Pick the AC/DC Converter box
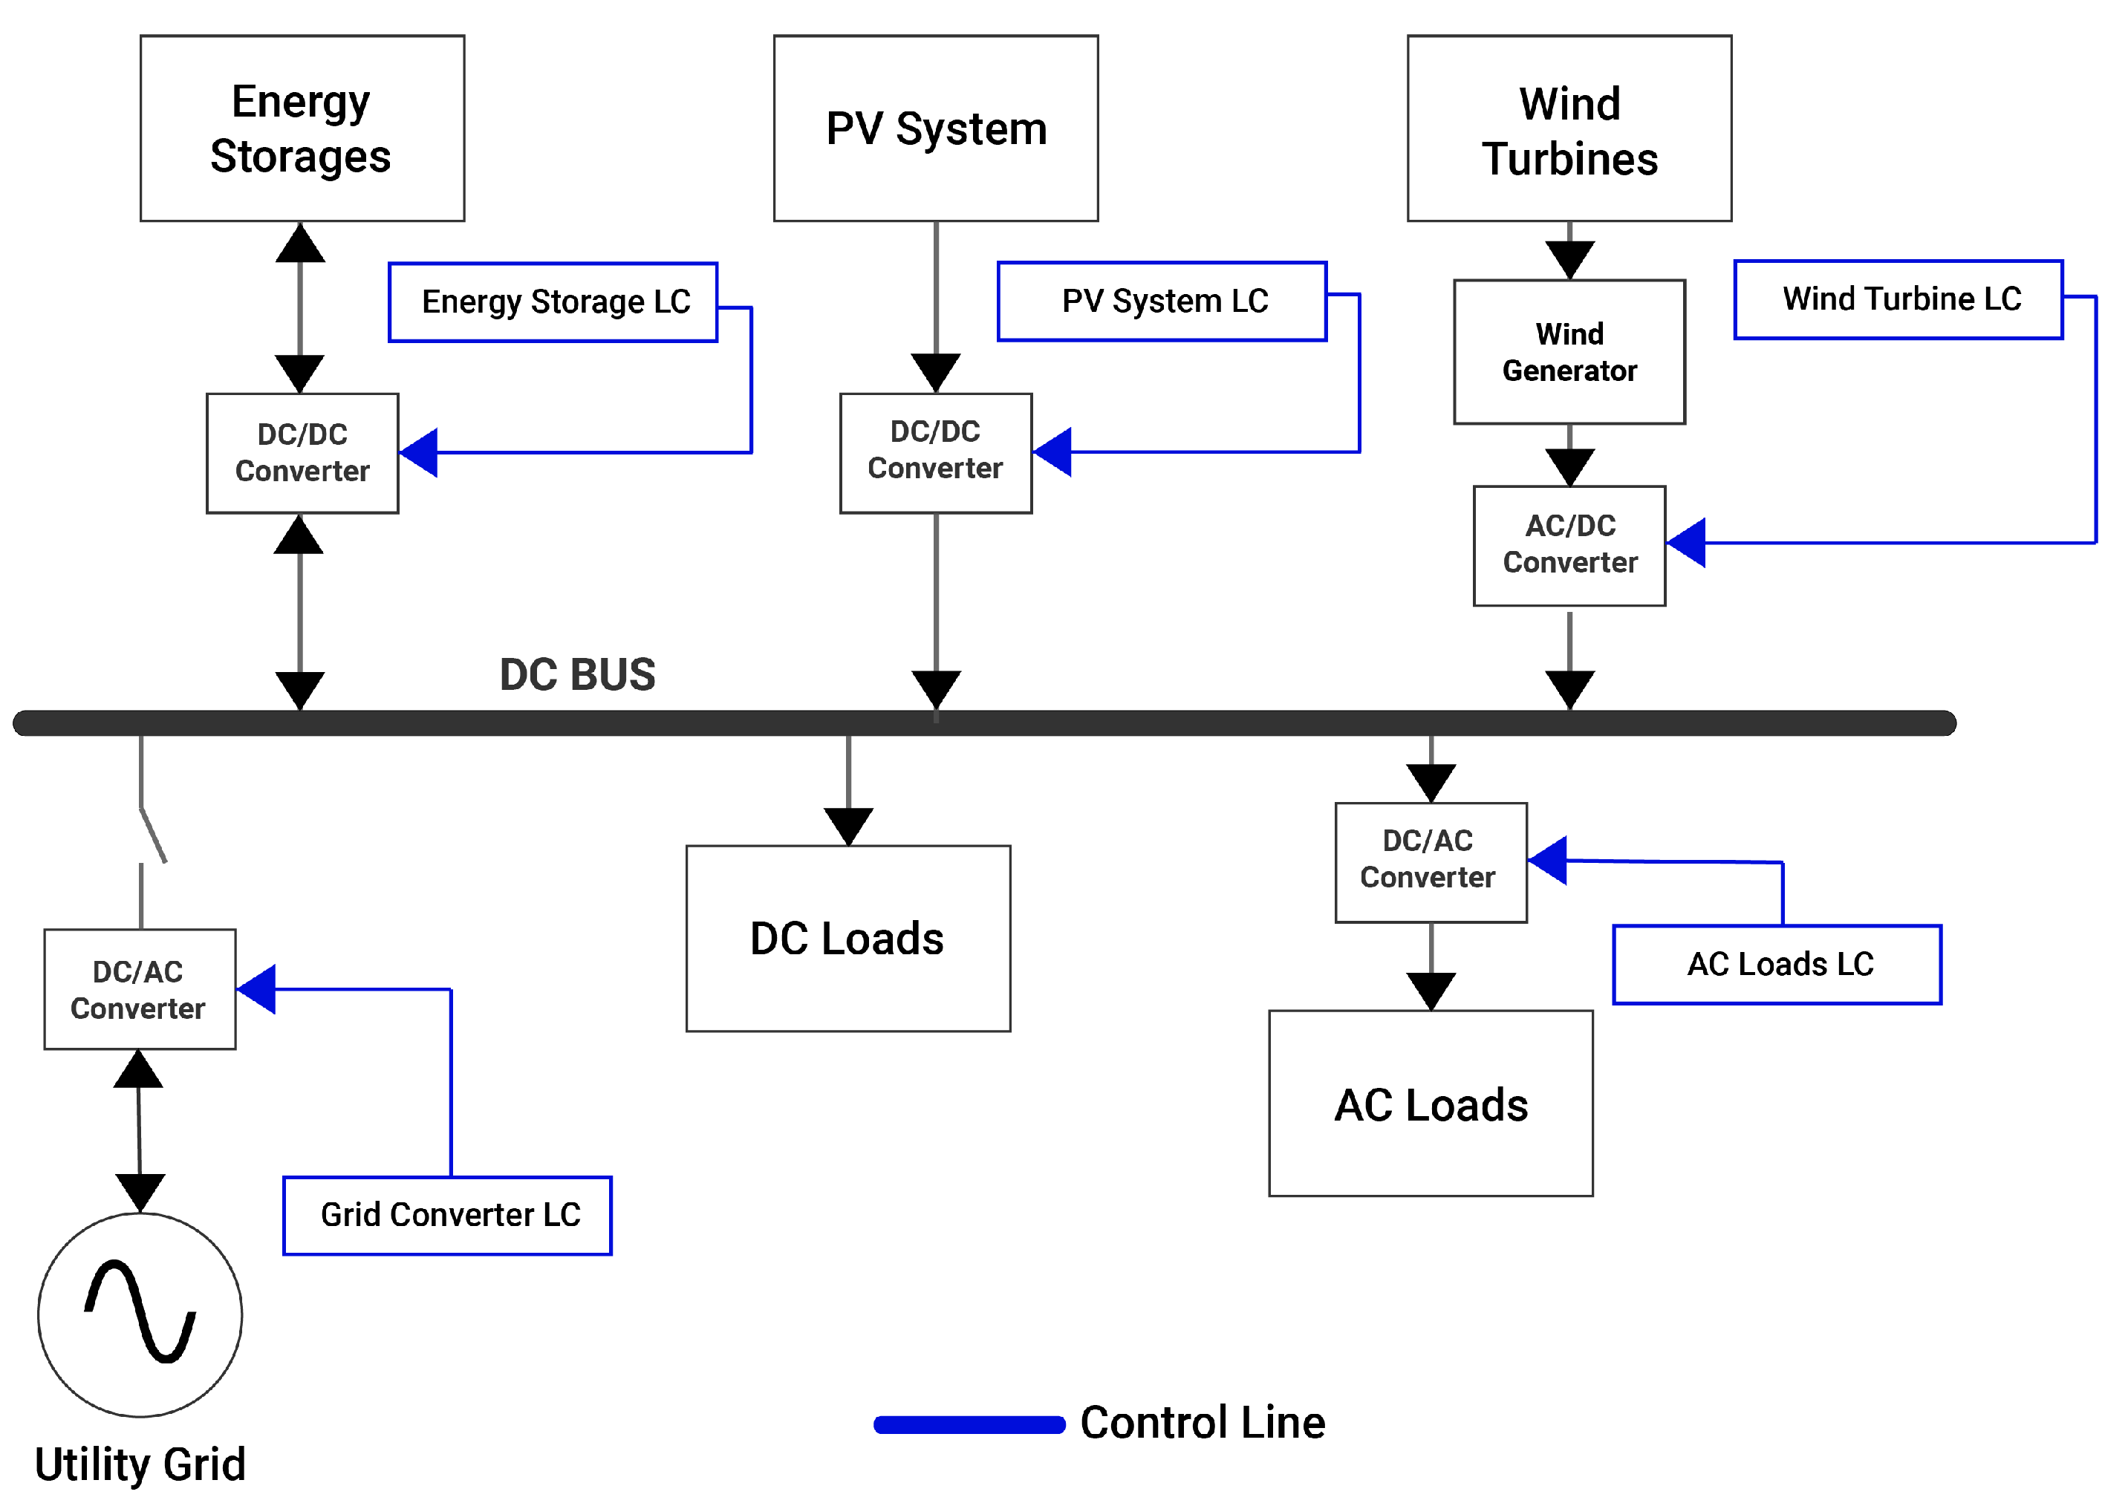coord(1569,545)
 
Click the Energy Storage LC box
coord(553,302)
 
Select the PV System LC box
coord(1162,301)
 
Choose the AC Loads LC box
coord(1777,965)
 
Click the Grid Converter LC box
coord(447,1216)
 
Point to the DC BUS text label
coord(577,674)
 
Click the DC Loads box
coord(848,938)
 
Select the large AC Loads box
coord(1431,1104)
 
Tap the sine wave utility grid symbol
coord(140,1314)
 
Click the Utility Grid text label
coord(140,1465)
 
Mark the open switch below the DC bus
coord(152,835)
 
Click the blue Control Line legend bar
coord(969,1424)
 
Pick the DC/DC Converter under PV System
coord(935,452)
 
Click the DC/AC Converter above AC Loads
coord(1431,861)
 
